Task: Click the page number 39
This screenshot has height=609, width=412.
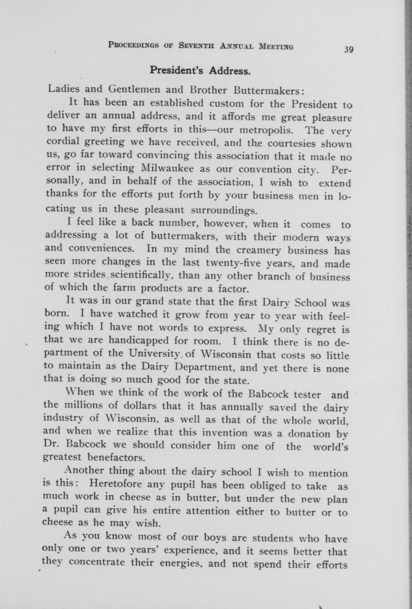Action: pyautogui.click(x=348, y=49)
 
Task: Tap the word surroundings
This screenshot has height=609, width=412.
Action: pyautogui.click(x=223, y=210)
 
